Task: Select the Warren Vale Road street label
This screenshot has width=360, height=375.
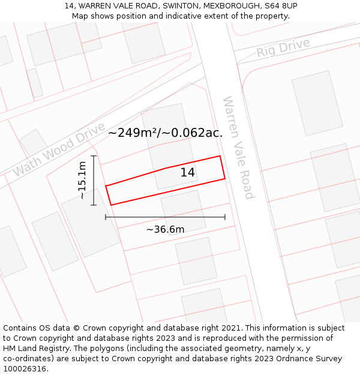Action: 238,147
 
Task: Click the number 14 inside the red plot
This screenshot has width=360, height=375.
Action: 188,172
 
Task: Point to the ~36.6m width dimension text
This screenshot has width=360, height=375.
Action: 165,229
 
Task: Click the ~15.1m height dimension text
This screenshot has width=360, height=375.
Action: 82,180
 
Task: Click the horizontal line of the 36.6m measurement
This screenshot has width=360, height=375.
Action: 165,217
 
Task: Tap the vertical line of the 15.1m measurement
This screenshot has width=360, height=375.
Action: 94,180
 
